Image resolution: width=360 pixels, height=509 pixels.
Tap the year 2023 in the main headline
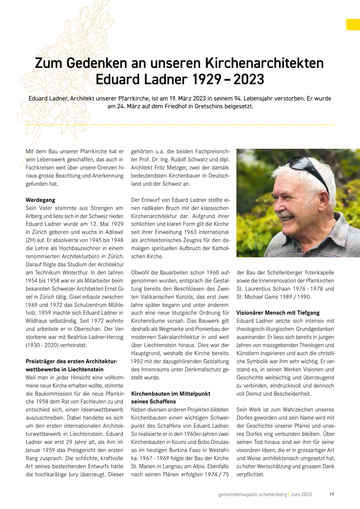point(249,79)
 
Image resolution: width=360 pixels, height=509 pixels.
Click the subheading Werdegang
point(40,200)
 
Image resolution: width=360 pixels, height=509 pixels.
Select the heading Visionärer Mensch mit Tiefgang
point(278,313)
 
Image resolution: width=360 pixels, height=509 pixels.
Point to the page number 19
point(331,494)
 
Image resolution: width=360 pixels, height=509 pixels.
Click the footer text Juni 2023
point(301,494)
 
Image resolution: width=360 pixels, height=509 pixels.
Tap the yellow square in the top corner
point(353,25)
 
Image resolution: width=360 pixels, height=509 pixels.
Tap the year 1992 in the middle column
point(137,361)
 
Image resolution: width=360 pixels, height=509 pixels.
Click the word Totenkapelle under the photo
point(319,273)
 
